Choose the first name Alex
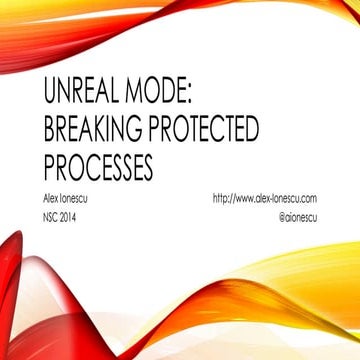point(53,199)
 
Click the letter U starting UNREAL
point(52,95)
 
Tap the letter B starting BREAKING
point(51,129)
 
